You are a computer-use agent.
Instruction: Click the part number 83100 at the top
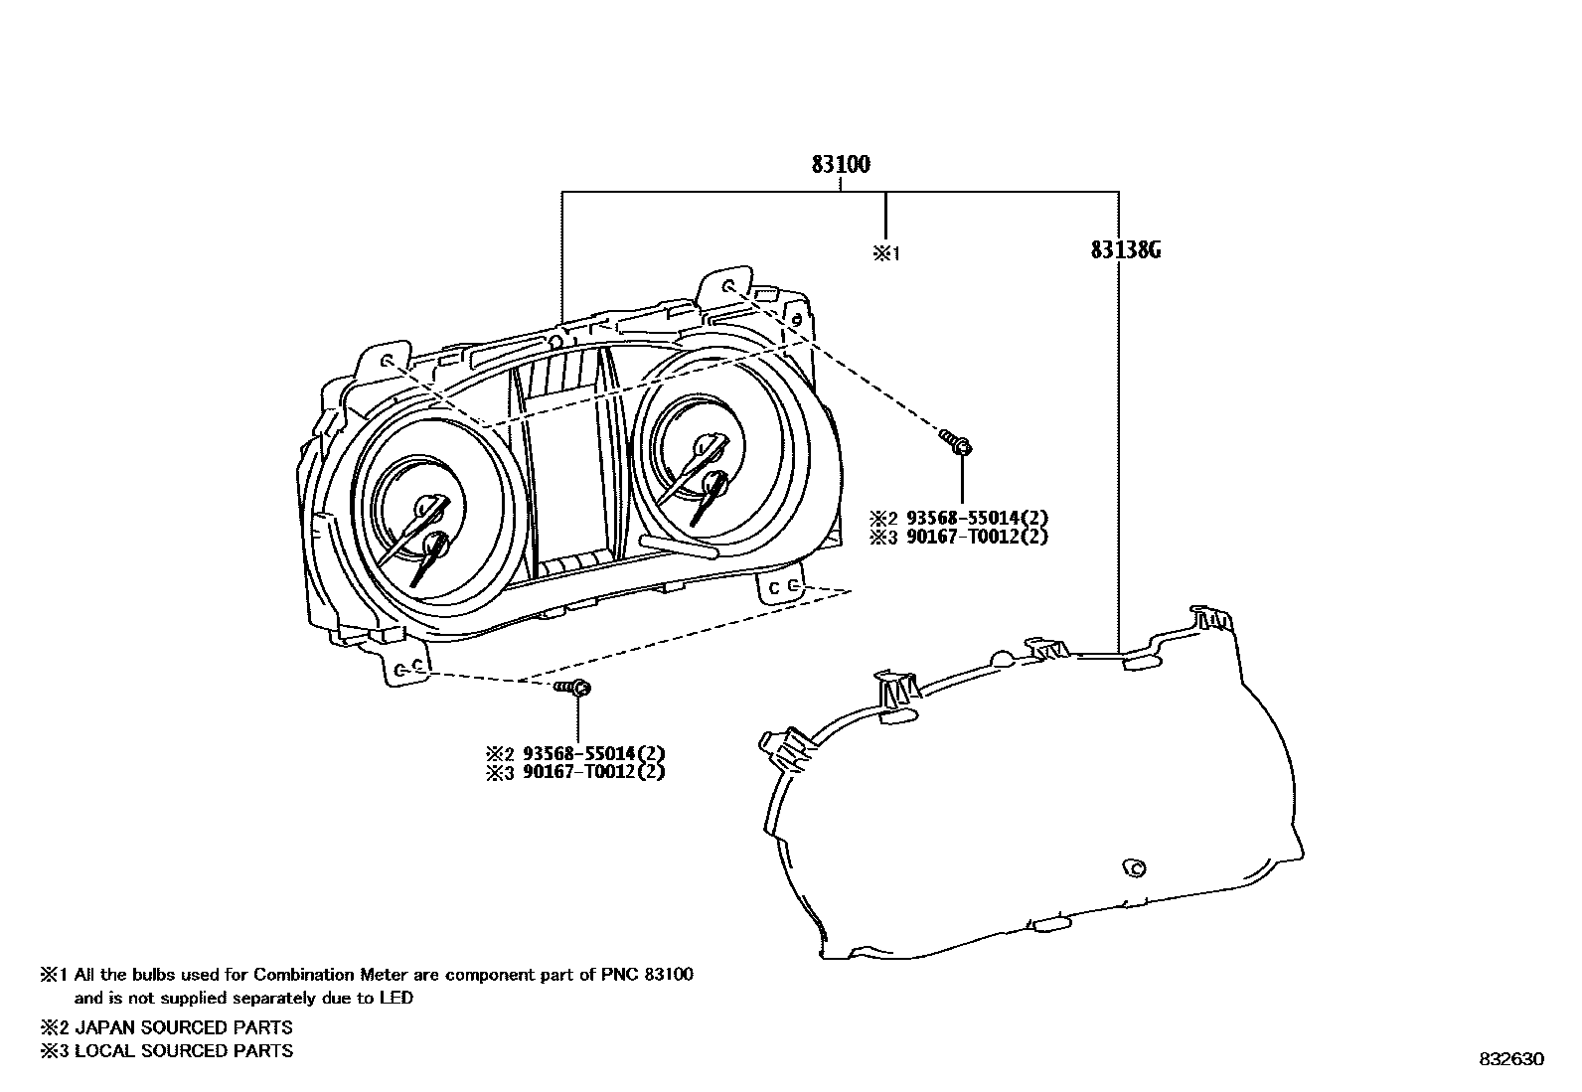click(x=841, y=164)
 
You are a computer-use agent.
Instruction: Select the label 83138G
click(x=1125, y=250)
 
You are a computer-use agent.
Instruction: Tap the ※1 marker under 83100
click(x=885, y=253)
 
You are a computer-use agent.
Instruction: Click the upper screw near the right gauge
click(x=957, y=442)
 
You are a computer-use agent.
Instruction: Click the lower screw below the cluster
click(x=574, y=688)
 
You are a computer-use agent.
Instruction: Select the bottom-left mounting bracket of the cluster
click(x=407, y=668)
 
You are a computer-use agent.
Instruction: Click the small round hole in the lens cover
click(x=1132, y=867)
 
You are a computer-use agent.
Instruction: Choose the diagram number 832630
click(x=1511, y=1059)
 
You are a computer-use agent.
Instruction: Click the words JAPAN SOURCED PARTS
click(x=184, y=1027)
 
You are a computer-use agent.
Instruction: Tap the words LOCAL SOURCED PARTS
click(x=184, y=1050)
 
